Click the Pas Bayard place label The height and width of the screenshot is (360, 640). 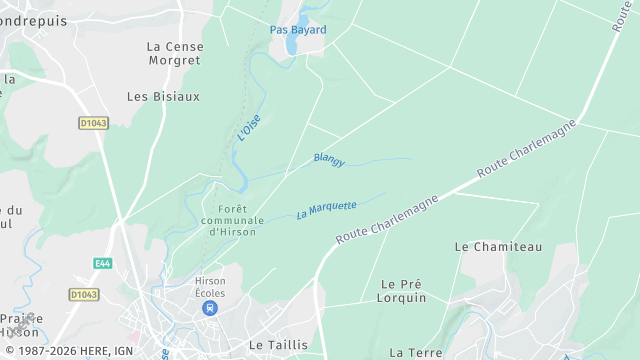(298, 30)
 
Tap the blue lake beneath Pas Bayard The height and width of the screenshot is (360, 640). (291, 45)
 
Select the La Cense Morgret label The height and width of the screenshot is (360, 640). (174, 54)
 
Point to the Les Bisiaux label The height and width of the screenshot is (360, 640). (164, 97)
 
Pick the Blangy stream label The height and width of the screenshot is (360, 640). (329, 159)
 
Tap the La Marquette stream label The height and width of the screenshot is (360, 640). (326, 210)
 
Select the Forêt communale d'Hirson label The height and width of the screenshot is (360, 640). (232, 220)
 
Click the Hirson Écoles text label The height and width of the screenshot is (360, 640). (210, 287)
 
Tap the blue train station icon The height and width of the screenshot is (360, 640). (210, 308)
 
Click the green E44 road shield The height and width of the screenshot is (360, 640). (103, 264)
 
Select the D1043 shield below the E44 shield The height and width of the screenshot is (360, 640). (84, 294)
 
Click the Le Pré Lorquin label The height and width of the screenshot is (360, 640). (402, 291)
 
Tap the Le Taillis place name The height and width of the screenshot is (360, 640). (278, 344)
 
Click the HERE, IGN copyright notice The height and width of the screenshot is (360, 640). (68, 352)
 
